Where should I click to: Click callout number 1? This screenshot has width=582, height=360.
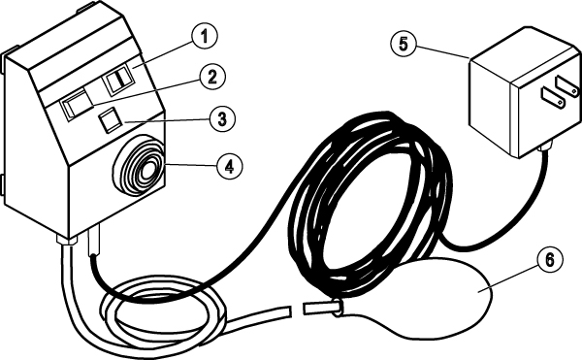tap(205, 36)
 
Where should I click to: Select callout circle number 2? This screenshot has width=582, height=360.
tap(212, 78)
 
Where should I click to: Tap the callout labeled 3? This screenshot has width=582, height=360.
tap(222, 119)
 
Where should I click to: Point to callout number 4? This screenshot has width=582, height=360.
tap(230, 166)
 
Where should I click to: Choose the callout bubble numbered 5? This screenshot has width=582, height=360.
tap(404, 45)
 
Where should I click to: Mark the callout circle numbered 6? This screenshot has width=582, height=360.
tap(550, 260)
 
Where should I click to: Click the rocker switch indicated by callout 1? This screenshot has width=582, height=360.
tap(118, 79)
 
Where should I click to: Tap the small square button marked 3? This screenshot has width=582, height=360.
tap(110, 120)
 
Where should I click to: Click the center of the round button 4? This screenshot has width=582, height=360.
tap(147, 170)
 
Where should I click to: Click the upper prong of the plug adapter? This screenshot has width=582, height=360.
tap(566, 85)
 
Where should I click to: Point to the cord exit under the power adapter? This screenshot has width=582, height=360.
tap(545, 147)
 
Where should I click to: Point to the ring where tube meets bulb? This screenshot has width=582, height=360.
tap(337, 309)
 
